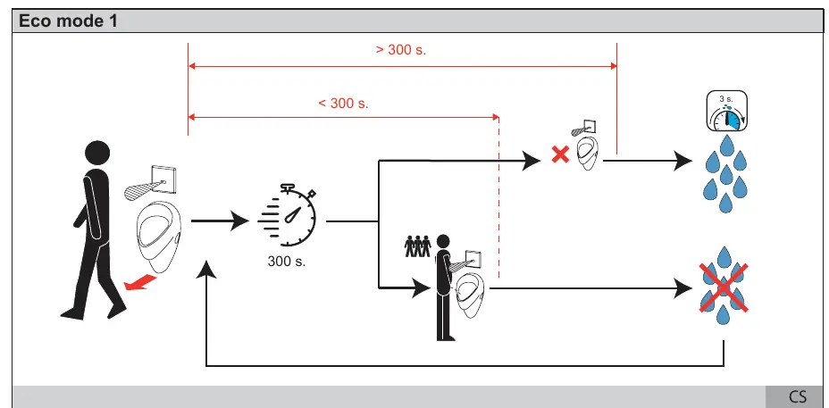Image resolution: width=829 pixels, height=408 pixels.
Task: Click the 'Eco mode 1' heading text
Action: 68,21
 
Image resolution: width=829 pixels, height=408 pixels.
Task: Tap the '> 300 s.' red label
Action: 401,50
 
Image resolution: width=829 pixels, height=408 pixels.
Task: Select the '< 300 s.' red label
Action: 343,103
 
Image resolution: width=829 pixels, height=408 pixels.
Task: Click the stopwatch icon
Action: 287,215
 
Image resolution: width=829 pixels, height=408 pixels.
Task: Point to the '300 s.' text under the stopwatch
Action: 287,261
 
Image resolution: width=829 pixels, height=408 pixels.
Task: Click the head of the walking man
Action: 97,153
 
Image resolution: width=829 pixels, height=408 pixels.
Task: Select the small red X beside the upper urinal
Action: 560,154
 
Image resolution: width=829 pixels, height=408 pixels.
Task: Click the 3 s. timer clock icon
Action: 727,111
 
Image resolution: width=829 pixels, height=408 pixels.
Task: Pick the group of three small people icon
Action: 418,246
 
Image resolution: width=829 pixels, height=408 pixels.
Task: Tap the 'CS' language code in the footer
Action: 798,396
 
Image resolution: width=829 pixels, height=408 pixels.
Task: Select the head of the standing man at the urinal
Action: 443,242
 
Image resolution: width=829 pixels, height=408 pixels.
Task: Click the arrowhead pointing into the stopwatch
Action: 239,221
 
